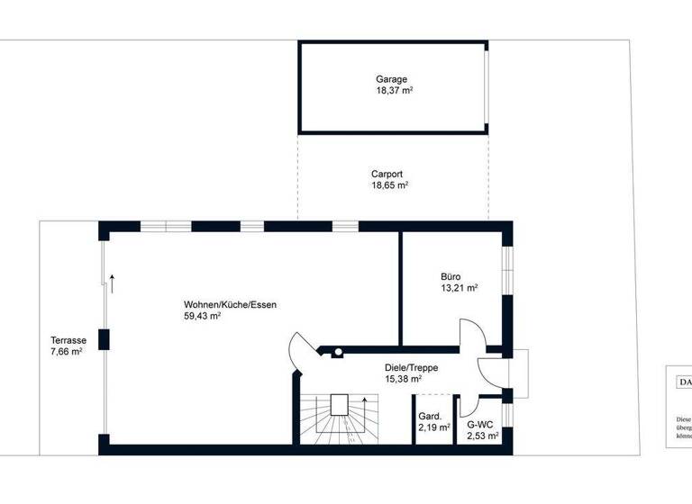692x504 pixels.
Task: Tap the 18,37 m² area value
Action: (x=394, y=91)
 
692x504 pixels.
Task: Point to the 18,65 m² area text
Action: (x=389, y=185)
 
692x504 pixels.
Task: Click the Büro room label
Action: (x=451, y=277)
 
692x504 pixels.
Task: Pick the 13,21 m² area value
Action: (x=459, y=289)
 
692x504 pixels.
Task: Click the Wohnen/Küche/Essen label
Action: (x=230, y=305)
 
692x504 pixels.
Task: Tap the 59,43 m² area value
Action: (x=203, y=317)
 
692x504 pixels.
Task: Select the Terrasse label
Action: (x=68, y=340)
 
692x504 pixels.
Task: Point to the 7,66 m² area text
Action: (x=67, y=352)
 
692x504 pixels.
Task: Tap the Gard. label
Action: (x=429, y=417)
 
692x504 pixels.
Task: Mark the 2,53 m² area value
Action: (x=481, y=436)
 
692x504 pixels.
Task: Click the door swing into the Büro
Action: (x=471, y=333)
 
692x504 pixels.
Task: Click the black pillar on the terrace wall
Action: (x=105, y=340)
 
